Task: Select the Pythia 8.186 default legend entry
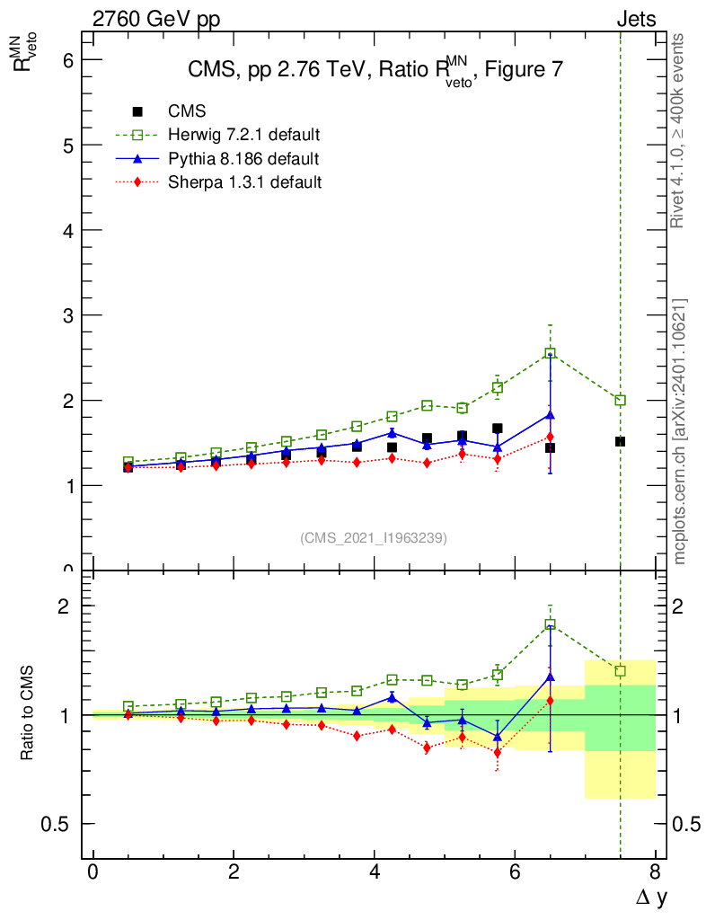243,159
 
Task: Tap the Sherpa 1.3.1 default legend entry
245,182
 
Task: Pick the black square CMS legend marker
137,111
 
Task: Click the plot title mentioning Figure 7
375,71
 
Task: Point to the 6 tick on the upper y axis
66,60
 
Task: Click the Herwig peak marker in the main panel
550,354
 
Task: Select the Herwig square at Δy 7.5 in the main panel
620,400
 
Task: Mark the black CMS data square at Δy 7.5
620,441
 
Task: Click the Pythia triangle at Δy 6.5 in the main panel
550,415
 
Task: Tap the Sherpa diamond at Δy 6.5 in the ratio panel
550,700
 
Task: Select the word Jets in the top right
635,19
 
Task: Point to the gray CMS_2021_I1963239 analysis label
374,537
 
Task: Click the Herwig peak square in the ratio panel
550,624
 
